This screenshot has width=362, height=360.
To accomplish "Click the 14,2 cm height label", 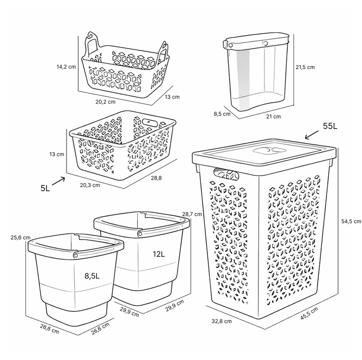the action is [x=66, y=67].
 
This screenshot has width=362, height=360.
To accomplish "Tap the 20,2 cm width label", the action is [x=105, y=102].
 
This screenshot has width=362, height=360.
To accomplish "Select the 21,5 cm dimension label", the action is [x=305, y=67].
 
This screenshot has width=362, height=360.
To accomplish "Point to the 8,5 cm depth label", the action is [x=222, y=114].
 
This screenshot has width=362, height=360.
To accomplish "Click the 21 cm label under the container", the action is [x=274, y=117].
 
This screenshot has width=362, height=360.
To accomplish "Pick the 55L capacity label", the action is [x=330, y=126].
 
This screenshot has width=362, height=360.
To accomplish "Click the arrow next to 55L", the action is [x=312, y=135].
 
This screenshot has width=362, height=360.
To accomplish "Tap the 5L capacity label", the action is [x=45, y=188].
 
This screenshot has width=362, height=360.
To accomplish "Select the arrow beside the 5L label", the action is [x=58, y=181].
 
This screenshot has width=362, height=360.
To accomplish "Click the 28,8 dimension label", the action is [x=156, y=178].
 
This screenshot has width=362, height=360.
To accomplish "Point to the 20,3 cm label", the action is [x=90, y=185].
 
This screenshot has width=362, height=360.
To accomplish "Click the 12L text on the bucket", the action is [x=159, y=254].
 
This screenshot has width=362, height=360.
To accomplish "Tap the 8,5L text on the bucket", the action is [x=92, y=276].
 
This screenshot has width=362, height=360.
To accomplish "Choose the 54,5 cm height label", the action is [x=351, y=221].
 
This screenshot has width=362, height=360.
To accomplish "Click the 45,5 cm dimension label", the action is [x=310, y=313].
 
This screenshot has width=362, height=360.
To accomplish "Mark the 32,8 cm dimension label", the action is [x=222, y=321].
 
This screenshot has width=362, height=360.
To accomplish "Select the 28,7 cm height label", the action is [x=192, y=214].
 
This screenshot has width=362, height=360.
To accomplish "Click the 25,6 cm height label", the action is [x=20, y=237].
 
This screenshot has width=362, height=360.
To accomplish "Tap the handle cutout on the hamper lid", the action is [x=269, y=151].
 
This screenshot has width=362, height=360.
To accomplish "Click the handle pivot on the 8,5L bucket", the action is [x=76, y=255].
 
